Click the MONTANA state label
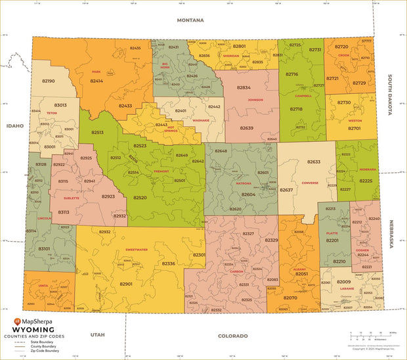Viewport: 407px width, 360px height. (190, 20)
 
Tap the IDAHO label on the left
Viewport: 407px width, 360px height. (14, 125)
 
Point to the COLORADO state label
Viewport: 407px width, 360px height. (232, 336)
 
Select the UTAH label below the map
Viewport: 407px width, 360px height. (98, 334)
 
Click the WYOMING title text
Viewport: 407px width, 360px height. (34, 330)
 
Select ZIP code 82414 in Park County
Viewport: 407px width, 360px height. (96, 81)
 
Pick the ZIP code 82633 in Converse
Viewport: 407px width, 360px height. (314, 162)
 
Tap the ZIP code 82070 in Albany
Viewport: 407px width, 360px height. (290, 298)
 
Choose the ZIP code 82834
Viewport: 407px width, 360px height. (244, 87)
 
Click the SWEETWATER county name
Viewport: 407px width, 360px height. (136, 250)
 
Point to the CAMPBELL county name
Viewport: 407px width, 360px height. (303, 95)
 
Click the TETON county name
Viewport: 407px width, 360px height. (52, 112)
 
